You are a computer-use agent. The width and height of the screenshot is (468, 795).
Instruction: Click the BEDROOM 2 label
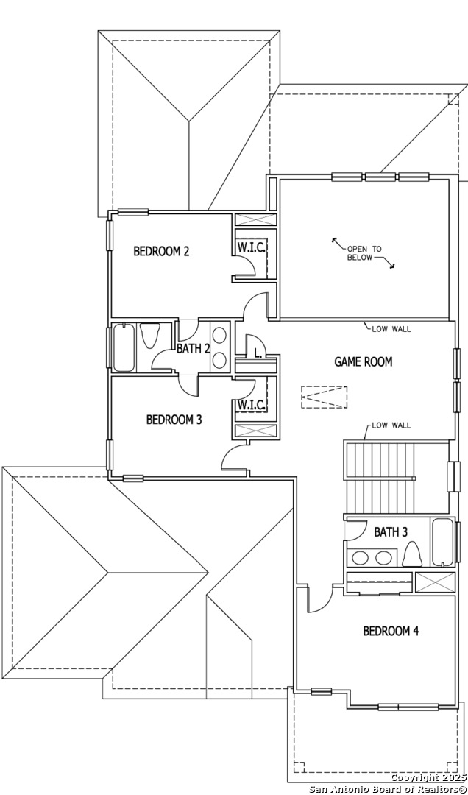point(161,251)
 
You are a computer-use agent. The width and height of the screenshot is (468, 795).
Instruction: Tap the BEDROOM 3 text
point(174,420)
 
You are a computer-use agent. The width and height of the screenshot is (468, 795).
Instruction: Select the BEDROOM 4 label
point(391,631)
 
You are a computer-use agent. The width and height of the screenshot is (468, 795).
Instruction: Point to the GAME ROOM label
point(364,361)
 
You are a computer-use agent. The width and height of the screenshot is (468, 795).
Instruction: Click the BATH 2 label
point(194,348)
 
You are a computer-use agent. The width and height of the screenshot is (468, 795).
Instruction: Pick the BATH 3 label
point(391,531)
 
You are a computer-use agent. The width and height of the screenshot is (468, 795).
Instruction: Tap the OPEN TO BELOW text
point(364,253)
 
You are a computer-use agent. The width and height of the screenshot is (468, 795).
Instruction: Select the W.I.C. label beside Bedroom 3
point(251,405)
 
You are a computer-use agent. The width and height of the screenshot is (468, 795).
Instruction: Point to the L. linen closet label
point(258,353)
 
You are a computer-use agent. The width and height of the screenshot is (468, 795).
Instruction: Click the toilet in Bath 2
point(150,336)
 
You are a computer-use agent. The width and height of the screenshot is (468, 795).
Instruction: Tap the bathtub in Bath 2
point(124,347)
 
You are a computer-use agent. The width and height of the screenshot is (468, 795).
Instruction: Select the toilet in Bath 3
point(413,554)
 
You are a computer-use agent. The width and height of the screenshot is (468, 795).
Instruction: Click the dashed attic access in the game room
point(323,397)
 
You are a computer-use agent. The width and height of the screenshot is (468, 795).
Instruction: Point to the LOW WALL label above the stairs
point(391,425)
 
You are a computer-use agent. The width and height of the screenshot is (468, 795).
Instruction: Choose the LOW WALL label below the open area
point(391,328)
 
